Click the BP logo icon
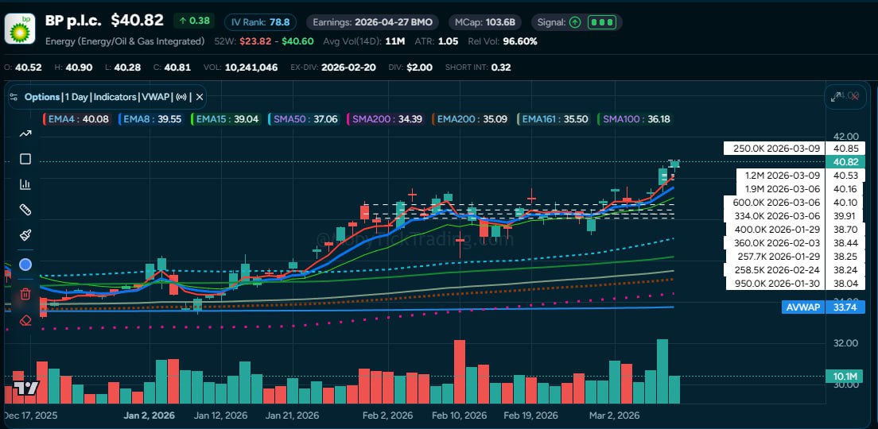tap(19, 29)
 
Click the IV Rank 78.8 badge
tap(259, 21)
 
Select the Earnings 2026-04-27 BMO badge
tap(372, 21)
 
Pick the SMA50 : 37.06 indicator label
tap(305, 119)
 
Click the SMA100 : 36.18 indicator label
tap(636, 119)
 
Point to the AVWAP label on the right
tap(802, 307)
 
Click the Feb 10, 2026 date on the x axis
tap(459, 415)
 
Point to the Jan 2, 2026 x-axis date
tap(150, 415)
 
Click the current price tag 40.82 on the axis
tap(845, 161)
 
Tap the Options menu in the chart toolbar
tap(42, 97)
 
